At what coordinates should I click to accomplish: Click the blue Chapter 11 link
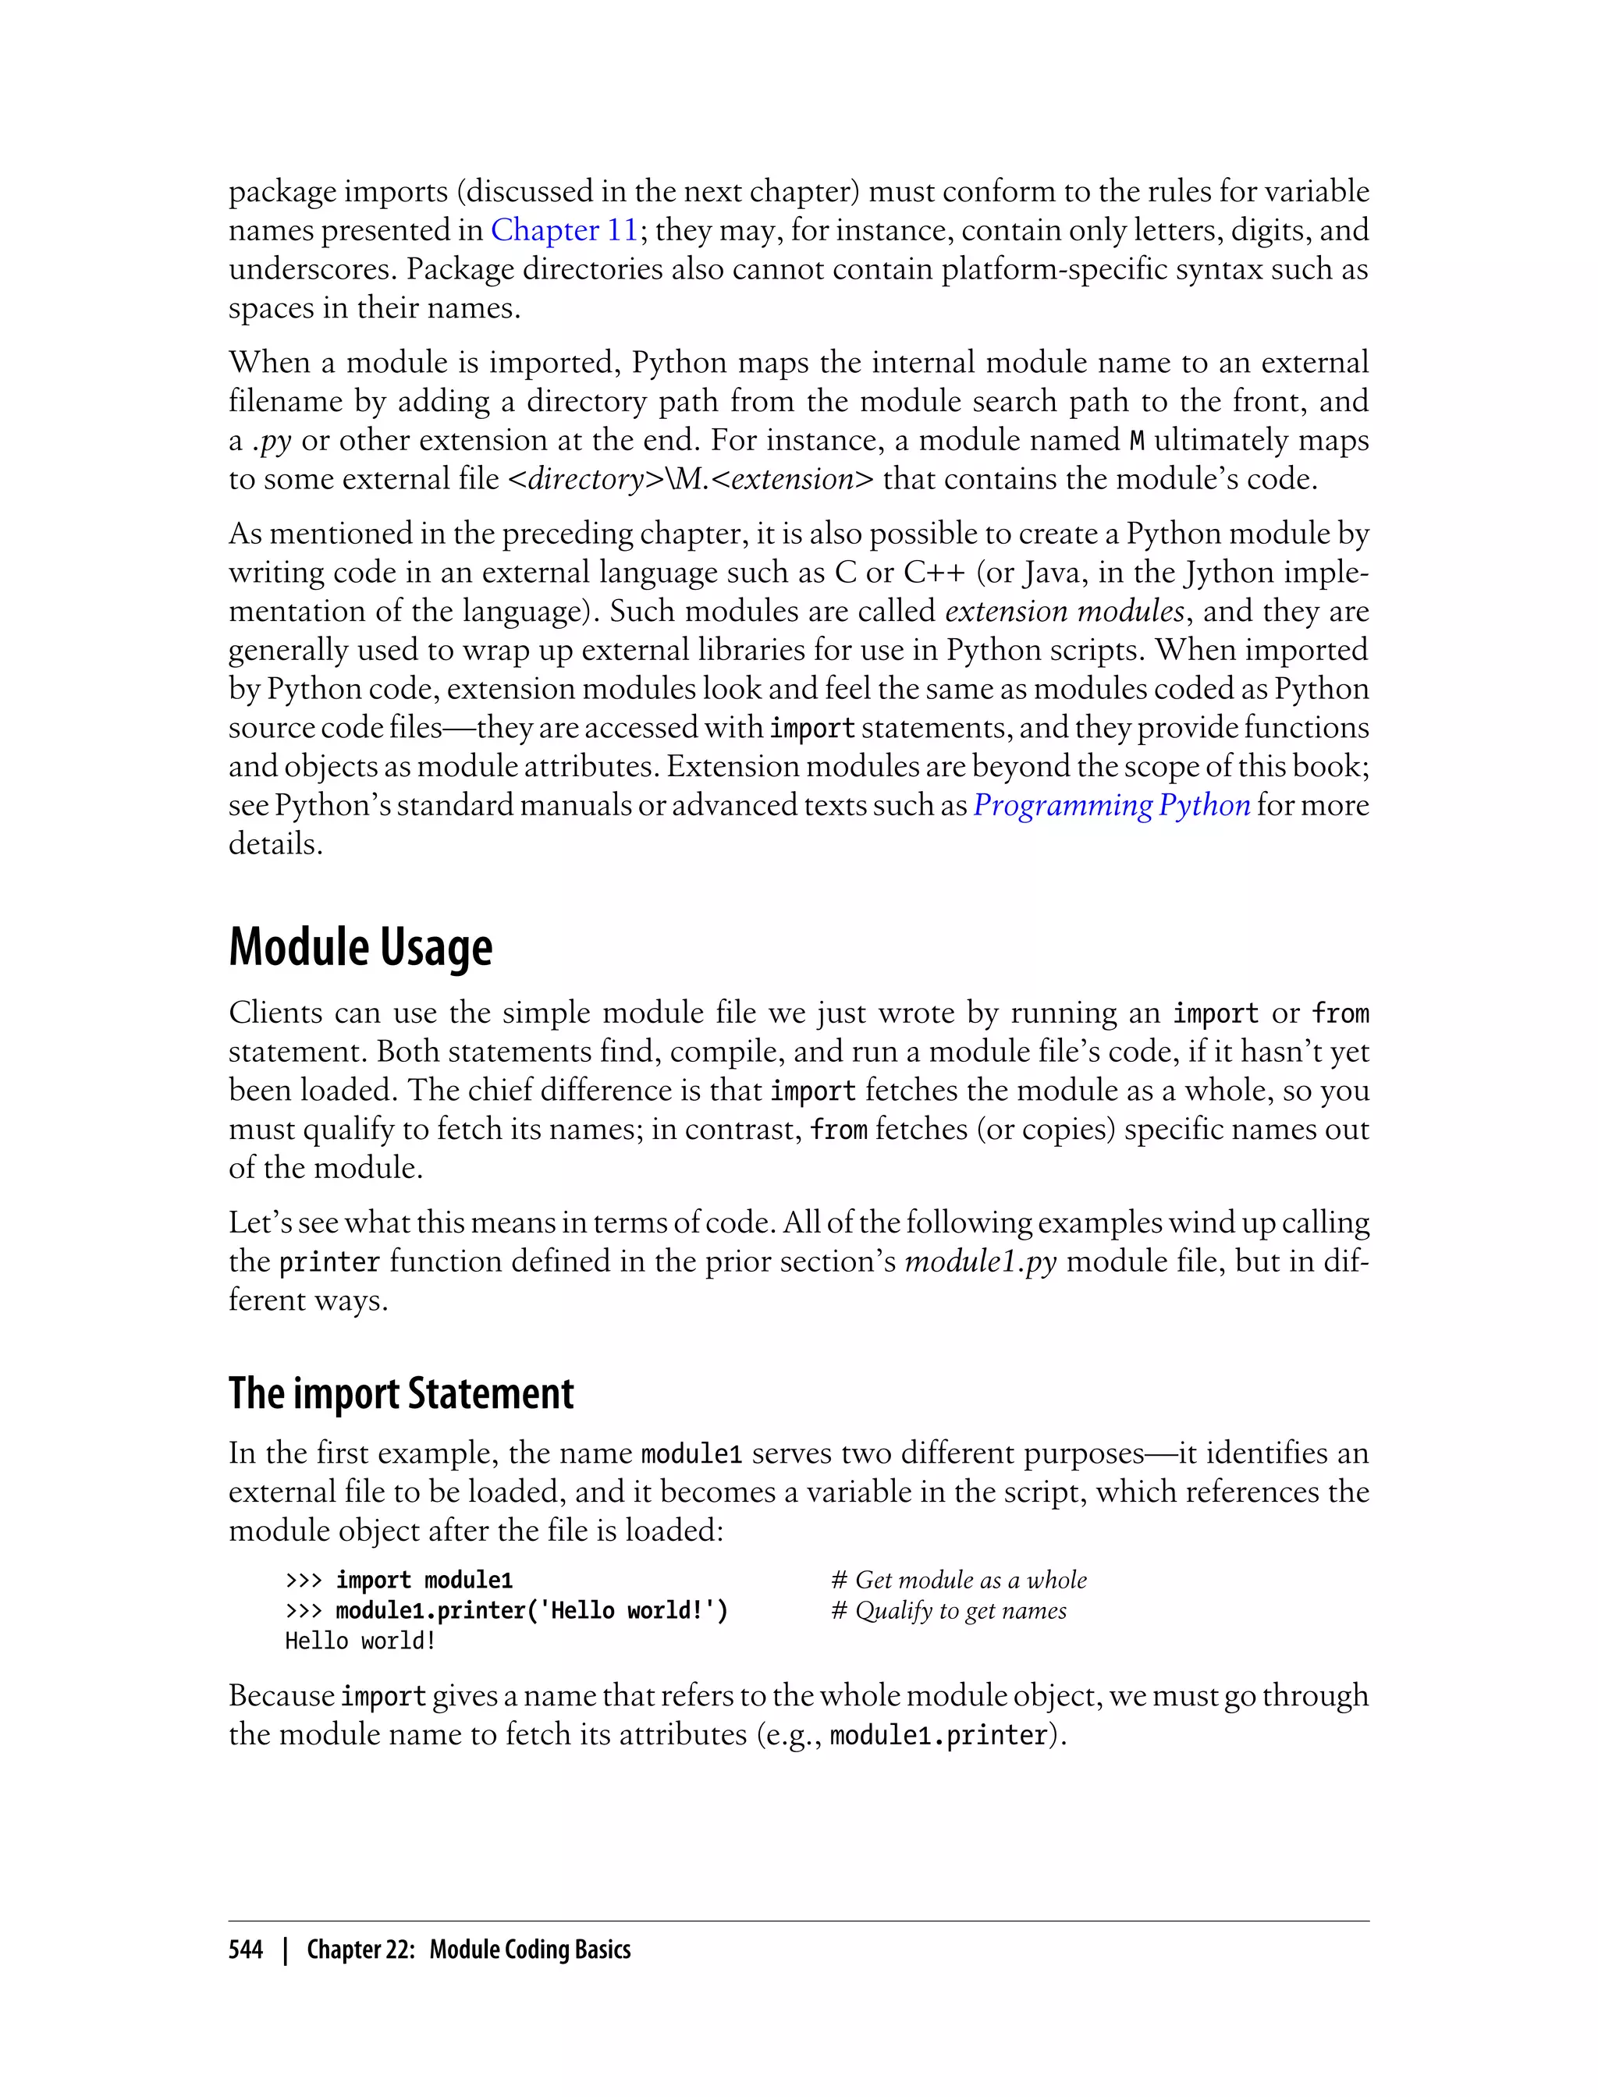click(563, 230)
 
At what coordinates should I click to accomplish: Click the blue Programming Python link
click(1110, 806)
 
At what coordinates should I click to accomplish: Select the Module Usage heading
click(360, 947)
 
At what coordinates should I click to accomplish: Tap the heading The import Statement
click(400, 1394)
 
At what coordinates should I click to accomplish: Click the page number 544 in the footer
click(246, 1950)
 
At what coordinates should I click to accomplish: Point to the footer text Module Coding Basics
click(530, 1950)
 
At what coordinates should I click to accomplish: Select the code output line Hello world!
click(360, 1641)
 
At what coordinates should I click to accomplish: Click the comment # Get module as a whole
click(958, 1581)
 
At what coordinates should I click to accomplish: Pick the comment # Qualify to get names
click(948, 1611)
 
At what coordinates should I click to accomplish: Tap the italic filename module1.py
click(980, 1262)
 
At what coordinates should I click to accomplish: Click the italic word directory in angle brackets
click(586, 479)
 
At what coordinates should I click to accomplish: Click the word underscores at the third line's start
click(312, 270)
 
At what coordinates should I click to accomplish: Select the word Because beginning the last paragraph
click(281, 1697)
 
